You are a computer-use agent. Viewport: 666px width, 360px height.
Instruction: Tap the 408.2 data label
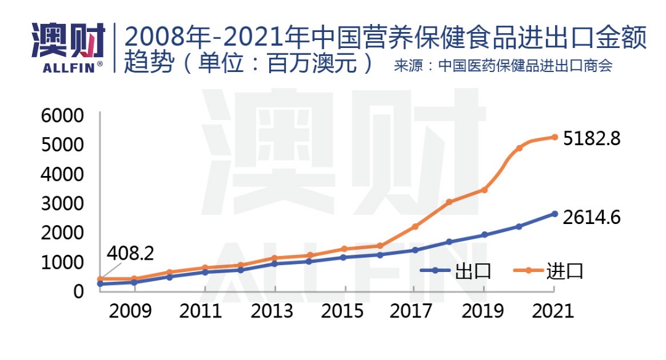coord(130,254)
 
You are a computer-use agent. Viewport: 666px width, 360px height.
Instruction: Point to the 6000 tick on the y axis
coord(62,116)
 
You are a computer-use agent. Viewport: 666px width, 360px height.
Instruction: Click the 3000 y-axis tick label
coord(62,204)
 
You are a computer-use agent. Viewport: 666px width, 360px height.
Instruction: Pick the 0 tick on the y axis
coord(78,292)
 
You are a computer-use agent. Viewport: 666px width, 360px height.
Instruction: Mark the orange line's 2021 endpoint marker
coord(554,137)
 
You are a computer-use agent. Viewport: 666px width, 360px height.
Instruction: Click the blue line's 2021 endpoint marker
coord(554,214)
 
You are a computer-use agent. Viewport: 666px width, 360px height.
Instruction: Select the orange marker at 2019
coord(484,190)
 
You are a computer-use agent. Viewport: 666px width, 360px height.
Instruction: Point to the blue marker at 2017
coord(415,250)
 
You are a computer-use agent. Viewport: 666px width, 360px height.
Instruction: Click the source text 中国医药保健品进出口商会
coord(525,66)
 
